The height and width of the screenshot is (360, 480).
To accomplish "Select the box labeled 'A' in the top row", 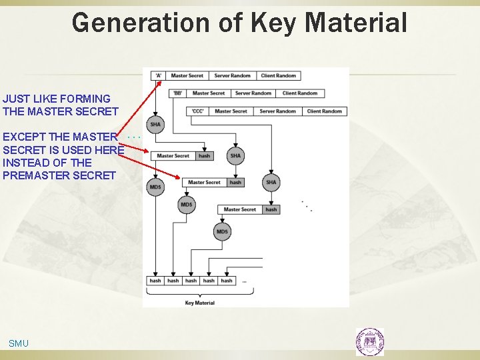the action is click(158, 75).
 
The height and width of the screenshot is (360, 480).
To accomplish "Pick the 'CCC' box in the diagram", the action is click(197, 111).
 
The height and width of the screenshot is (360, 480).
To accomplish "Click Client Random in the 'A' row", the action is click(278, 75).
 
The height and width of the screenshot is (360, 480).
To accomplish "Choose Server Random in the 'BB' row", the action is click(253, 93).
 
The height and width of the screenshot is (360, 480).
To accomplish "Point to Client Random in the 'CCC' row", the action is click(324, 111).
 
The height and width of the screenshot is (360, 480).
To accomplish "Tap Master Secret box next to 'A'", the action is click(187, 75).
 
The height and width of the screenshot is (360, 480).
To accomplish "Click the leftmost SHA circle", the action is click(155, 124).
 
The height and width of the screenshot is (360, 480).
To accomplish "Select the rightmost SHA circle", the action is click(271, 182).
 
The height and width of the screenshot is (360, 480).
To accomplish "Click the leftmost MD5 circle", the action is click(155, 187).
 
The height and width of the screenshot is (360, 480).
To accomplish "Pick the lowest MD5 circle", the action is click(222, 231).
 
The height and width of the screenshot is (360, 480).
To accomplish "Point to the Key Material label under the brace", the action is click(200, 303).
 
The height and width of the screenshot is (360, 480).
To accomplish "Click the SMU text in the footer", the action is click(19, 343).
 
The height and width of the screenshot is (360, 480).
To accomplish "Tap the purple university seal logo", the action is click(369, 341).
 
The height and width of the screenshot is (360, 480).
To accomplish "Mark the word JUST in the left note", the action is click(15, 99).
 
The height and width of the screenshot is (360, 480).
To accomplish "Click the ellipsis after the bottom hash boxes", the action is click(245, 281).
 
